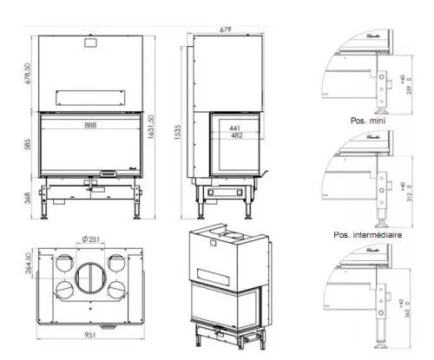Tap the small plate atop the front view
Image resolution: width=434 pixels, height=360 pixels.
pyautogui.click(x=89, y=41)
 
